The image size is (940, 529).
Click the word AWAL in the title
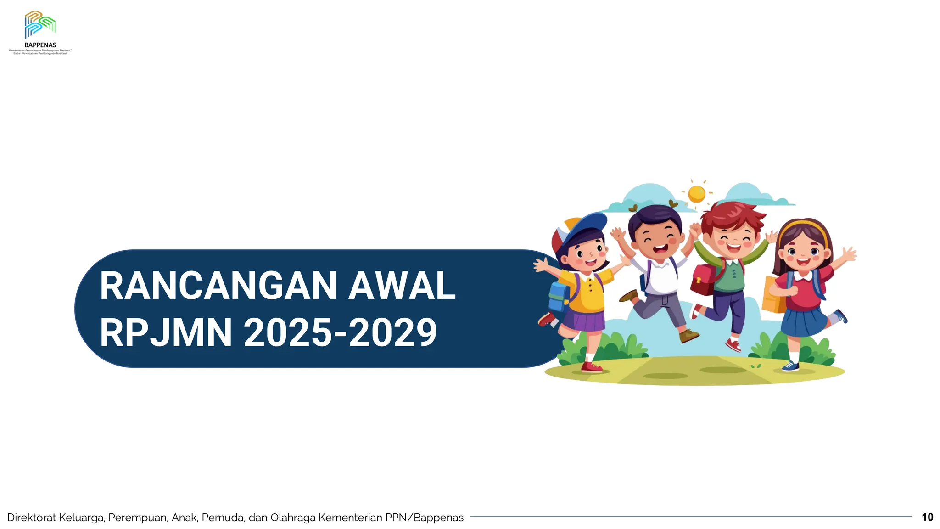click(x=402, y=286)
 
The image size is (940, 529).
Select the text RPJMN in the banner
click(x=166, y=333)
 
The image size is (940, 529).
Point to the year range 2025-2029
click(x=340, y=333)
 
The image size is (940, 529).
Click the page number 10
click(x=927, y=517)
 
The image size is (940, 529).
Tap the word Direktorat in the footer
click(x=32, y=518)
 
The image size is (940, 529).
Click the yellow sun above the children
click(x=696, y=193)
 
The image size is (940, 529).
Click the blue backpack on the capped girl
click(x=559, y=296)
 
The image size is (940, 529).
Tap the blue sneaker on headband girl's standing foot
click(x=790, y=366)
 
